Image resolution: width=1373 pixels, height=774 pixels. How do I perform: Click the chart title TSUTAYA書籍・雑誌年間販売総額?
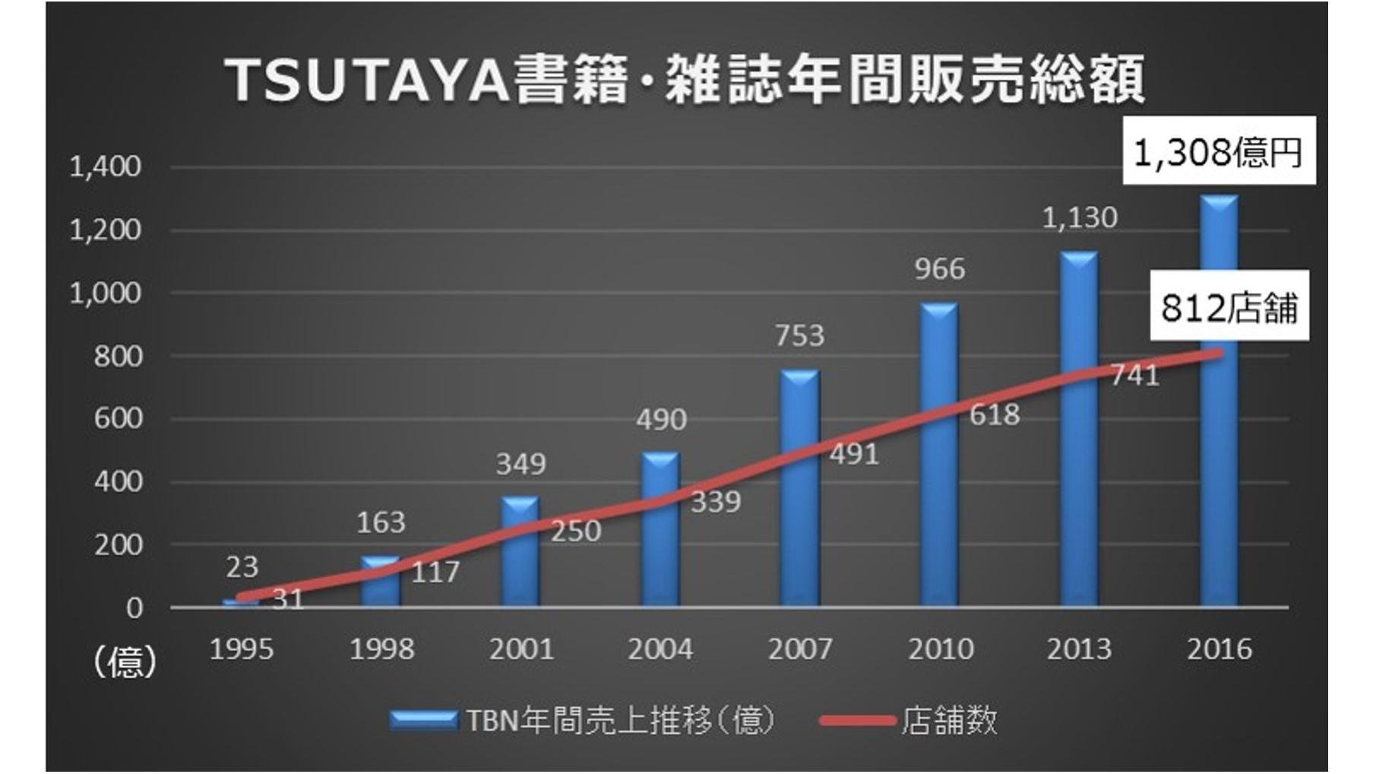(685, 80)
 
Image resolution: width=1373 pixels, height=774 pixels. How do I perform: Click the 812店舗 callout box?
(1229, 306)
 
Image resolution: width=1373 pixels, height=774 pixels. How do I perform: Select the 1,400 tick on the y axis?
(106, 167)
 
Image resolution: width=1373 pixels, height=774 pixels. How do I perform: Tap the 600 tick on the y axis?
(118, 418)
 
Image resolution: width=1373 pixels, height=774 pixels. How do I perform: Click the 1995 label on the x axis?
(241, 649)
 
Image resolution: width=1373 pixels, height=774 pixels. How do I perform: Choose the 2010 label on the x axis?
(940, 649)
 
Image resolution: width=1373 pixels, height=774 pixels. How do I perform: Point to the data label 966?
(939, 269)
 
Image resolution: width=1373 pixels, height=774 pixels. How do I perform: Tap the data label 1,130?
(1079, 218)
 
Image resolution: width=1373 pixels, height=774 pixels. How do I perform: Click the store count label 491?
(854, 455)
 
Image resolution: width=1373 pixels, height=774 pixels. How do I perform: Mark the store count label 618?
(995, 415)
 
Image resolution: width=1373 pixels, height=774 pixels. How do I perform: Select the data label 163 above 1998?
(381, 522)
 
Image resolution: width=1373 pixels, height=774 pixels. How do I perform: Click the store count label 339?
(715, 502)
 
